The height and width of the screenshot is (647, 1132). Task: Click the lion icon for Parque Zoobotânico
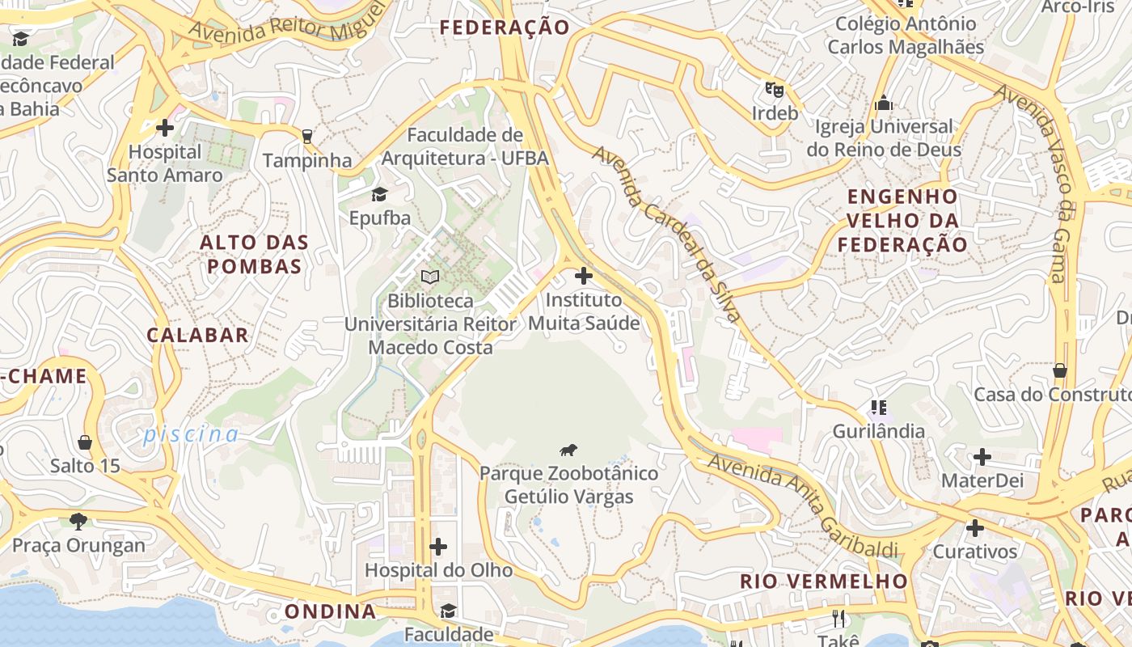pos(568,450)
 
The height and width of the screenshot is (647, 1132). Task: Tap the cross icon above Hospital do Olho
pos(438,547)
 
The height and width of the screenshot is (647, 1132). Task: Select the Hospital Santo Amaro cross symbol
pos(165,127)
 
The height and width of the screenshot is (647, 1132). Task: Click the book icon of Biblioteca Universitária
pos(430,277)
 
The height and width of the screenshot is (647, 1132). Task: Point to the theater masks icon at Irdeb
pos(775,89)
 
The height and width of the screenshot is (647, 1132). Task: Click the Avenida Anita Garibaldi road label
pos(803,505)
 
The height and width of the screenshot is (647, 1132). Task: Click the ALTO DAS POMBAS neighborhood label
pos(255,254)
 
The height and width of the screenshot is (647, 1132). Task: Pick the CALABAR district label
pos(198,335)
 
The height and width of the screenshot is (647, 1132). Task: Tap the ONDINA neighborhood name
pos(331,611)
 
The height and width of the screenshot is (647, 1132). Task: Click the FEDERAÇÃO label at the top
pos(505,27)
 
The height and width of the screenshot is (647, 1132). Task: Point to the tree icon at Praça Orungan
pos(78,521)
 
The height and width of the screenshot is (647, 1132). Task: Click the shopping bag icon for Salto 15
pos(85,442)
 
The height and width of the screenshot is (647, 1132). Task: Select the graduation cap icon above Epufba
pos(379,194)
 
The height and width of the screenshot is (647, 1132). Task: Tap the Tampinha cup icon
pos(306,136)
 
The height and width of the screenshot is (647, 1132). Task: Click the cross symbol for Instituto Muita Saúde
pos(583,276)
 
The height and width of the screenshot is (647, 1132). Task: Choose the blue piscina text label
pos(191,434)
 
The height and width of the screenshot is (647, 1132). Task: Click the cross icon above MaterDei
pos(982,457)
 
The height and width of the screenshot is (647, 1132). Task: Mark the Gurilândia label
pos(878,431)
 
